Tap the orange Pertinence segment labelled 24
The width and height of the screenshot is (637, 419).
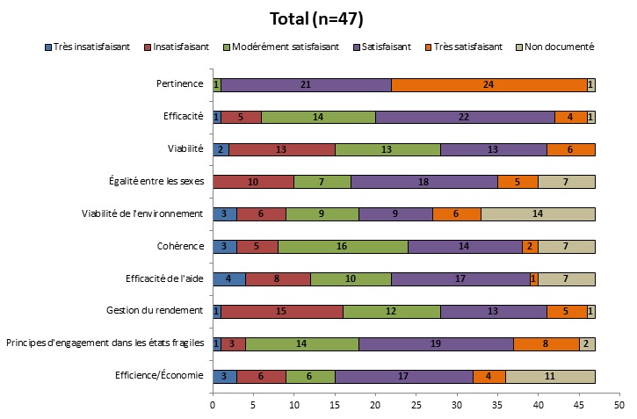(x=489, y=84)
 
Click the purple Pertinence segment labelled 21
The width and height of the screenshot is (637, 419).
(x=306, y=84)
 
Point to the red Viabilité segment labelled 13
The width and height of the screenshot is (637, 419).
(x=281, y=149)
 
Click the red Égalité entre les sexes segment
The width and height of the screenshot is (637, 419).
(x=253, y=182)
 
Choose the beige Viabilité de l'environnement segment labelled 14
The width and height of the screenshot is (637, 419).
(x=538, y=213)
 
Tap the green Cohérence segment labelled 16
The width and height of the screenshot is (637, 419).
(x=343, y=247)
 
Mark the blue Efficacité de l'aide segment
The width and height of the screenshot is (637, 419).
(x=228, y=279)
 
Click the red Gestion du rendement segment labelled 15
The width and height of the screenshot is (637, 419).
(x=281, y=311)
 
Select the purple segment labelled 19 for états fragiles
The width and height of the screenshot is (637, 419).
(x=436, y=343)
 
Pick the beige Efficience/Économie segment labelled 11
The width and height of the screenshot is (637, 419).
(x=550, y=376)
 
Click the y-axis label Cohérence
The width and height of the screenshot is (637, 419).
(x=181, y=247)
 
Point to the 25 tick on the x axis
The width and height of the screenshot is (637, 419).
(x=416, y=405)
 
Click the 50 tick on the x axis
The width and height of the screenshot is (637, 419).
(x=619, y=405)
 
